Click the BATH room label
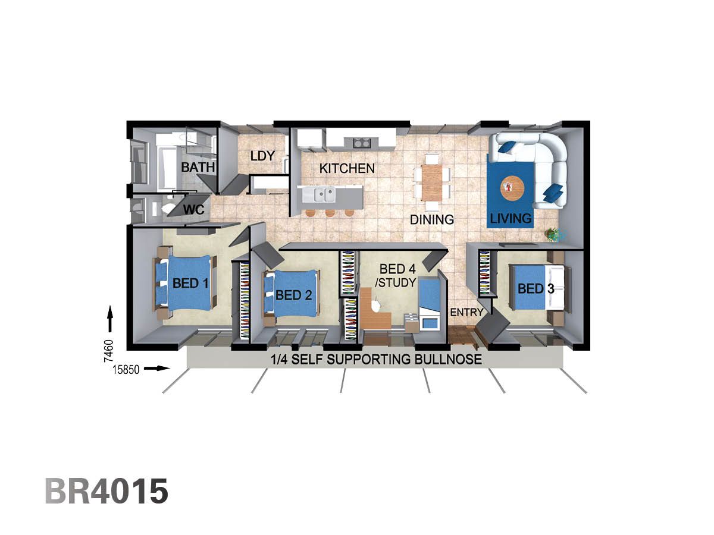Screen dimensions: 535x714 point(198,167)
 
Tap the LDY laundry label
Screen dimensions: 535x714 point(262,156)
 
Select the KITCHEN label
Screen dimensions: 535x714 point(347,168)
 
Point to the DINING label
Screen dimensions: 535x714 point(432,219)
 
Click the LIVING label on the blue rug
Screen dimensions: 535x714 point(511,219)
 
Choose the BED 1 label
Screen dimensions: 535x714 point(190,283)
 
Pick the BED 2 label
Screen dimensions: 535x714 point(294,295)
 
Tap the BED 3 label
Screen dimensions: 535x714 point(535,289)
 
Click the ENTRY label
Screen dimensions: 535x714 point(466,312)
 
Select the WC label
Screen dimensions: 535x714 point(194,209)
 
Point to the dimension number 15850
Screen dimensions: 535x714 point(126,370)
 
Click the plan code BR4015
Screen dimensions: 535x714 point(107,492)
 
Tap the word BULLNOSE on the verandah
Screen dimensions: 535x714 point(446,360)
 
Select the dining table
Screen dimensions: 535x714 point(433,181)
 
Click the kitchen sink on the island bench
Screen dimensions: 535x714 point(324,193)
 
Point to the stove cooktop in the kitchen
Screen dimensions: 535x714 point(361,143)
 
